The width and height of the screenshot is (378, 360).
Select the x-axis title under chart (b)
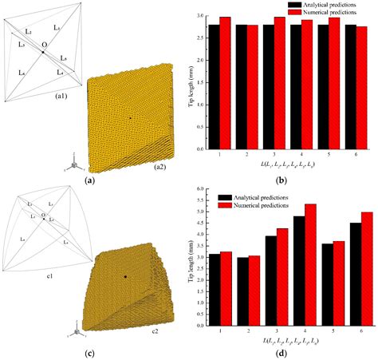coord(287,164)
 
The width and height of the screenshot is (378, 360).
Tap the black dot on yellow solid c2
coord(125,276)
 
